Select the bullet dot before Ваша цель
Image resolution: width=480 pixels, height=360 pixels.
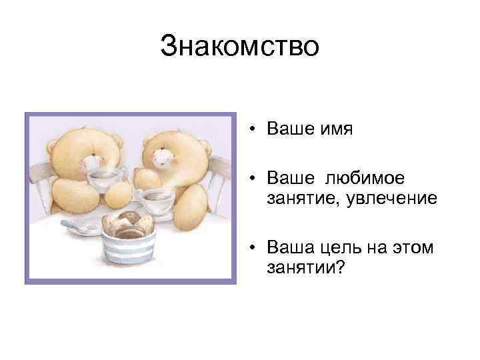click(x=255, y=249)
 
